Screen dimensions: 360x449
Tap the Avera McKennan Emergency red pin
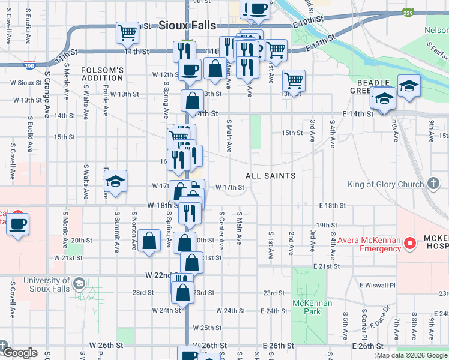411,243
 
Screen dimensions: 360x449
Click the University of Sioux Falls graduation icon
79,283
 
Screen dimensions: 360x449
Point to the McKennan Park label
310,307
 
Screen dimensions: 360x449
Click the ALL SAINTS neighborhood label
270,176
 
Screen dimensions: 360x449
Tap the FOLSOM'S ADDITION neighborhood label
102,74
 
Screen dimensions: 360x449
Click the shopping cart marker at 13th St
294,79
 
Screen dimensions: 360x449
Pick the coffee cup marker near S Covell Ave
19,224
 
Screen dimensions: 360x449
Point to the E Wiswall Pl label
378,285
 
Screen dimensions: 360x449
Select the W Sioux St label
25,83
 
